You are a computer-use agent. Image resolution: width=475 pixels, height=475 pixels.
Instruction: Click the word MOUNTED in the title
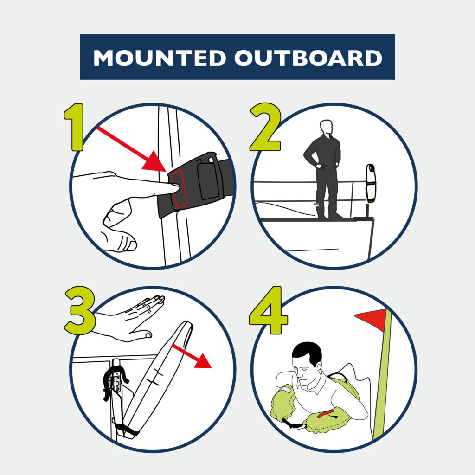pos(160,58)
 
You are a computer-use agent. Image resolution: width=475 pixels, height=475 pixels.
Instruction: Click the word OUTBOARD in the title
pos(308,58)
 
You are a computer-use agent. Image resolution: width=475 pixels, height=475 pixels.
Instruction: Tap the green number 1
pos(74,127)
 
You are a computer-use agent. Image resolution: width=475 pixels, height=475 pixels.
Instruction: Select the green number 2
pos(266,127)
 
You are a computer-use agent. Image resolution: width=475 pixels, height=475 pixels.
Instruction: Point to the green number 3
pos(80,310)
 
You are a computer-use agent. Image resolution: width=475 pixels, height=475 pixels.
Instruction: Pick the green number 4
pos(268,310)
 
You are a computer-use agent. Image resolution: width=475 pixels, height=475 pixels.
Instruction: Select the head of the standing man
pos(326,127)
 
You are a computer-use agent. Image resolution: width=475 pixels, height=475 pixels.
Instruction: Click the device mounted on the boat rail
pos(371,183)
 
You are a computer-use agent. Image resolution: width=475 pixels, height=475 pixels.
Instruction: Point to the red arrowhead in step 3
pos(202,361)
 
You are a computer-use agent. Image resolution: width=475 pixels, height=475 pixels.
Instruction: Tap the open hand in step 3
pos(130,320)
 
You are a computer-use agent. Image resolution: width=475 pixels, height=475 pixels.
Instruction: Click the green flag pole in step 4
pos(382,374)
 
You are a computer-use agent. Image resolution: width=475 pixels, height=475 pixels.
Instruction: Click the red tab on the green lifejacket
pos(325,413)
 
